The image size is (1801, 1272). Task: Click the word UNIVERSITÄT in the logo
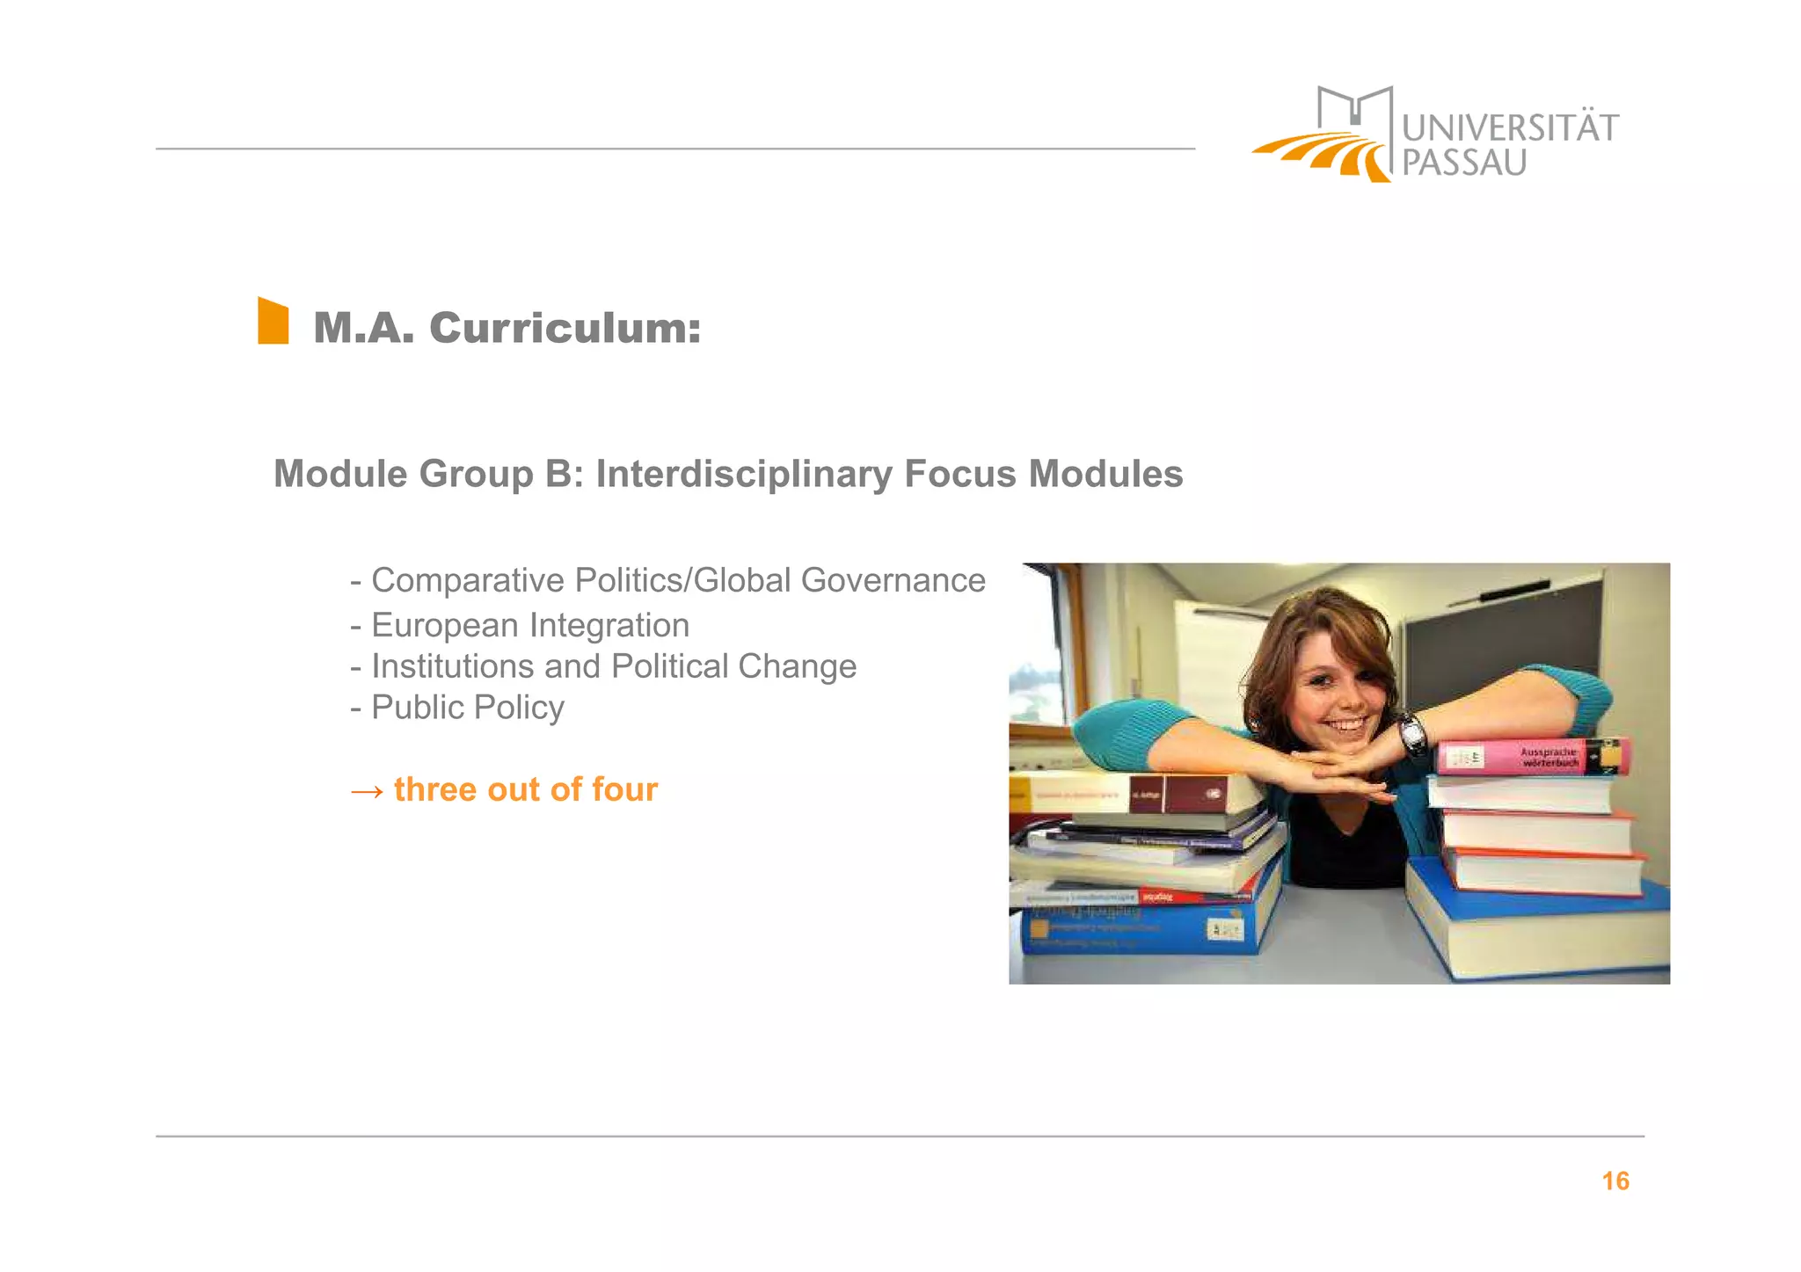point(1510,128)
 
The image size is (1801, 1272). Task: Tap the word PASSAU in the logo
point(1463,164)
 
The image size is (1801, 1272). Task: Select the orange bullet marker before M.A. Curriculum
point(273,321)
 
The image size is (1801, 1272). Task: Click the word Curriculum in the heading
point(565,328)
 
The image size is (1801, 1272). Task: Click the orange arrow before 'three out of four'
point(366,790)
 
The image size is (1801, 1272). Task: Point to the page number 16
point(1615,1181)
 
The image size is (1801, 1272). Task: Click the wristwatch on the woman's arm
point(1412,734)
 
